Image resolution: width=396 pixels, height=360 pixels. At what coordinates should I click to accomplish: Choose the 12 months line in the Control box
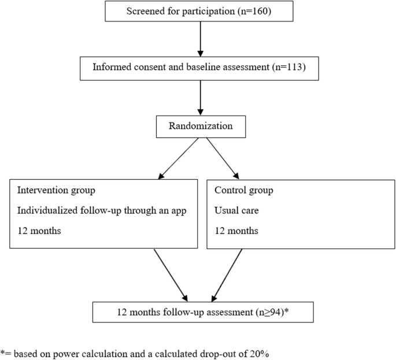click(236, 231)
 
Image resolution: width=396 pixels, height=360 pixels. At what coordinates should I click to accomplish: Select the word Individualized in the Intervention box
click(47, 210)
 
